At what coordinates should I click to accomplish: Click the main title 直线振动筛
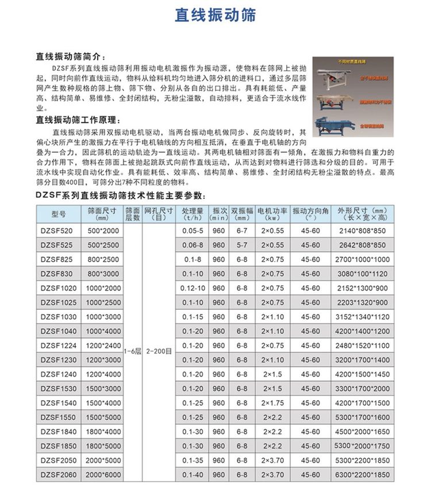[215, 16]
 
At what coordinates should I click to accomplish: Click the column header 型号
[59, 214]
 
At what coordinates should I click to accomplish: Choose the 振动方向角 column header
[310, 214]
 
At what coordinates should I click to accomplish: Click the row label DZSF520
[59, 231]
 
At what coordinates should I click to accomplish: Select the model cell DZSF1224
[59, 345]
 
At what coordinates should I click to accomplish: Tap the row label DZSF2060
[59, 475]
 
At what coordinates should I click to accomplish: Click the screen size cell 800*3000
[103, 274]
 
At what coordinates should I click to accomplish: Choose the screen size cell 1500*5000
[103, 417]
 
